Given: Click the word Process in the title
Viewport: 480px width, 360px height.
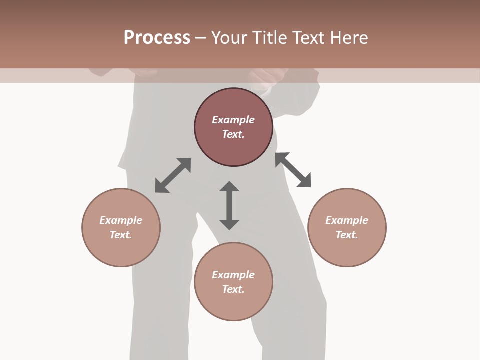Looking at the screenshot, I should pos(157,38).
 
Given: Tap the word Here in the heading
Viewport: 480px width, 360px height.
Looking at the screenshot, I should pos(348,38).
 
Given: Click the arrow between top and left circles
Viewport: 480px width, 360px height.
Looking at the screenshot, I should pos(173,175).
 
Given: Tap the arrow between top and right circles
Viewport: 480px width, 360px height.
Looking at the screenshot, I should pos(293,170).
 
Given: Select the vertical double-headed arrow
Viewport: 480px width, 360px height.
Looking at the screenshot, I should pos(229,205).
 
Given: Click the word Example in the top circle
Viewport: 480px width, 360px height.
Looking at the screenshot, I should pos(233,120).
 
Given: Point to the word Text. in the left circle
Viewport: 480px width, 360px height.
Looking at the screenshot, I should pos(121,235).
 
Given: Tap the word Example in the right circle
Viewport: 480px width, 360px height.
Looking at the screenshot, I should pos(347,220).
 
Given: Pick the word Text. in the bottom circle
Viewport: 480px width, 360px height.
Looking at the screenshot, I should pos(233,289).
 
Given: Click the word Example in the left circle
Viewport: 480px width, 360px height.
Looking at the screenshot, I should pos(121,220).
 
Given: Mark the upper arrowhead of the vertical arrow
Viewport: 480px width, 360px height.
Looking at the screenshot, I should pos(229,186).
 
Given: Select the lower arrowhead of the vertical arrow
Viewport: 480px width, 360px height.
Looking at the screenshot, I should pos(229,224).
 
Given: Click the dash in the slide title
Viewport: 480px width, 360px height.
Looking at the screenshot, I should pos(200,38).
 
